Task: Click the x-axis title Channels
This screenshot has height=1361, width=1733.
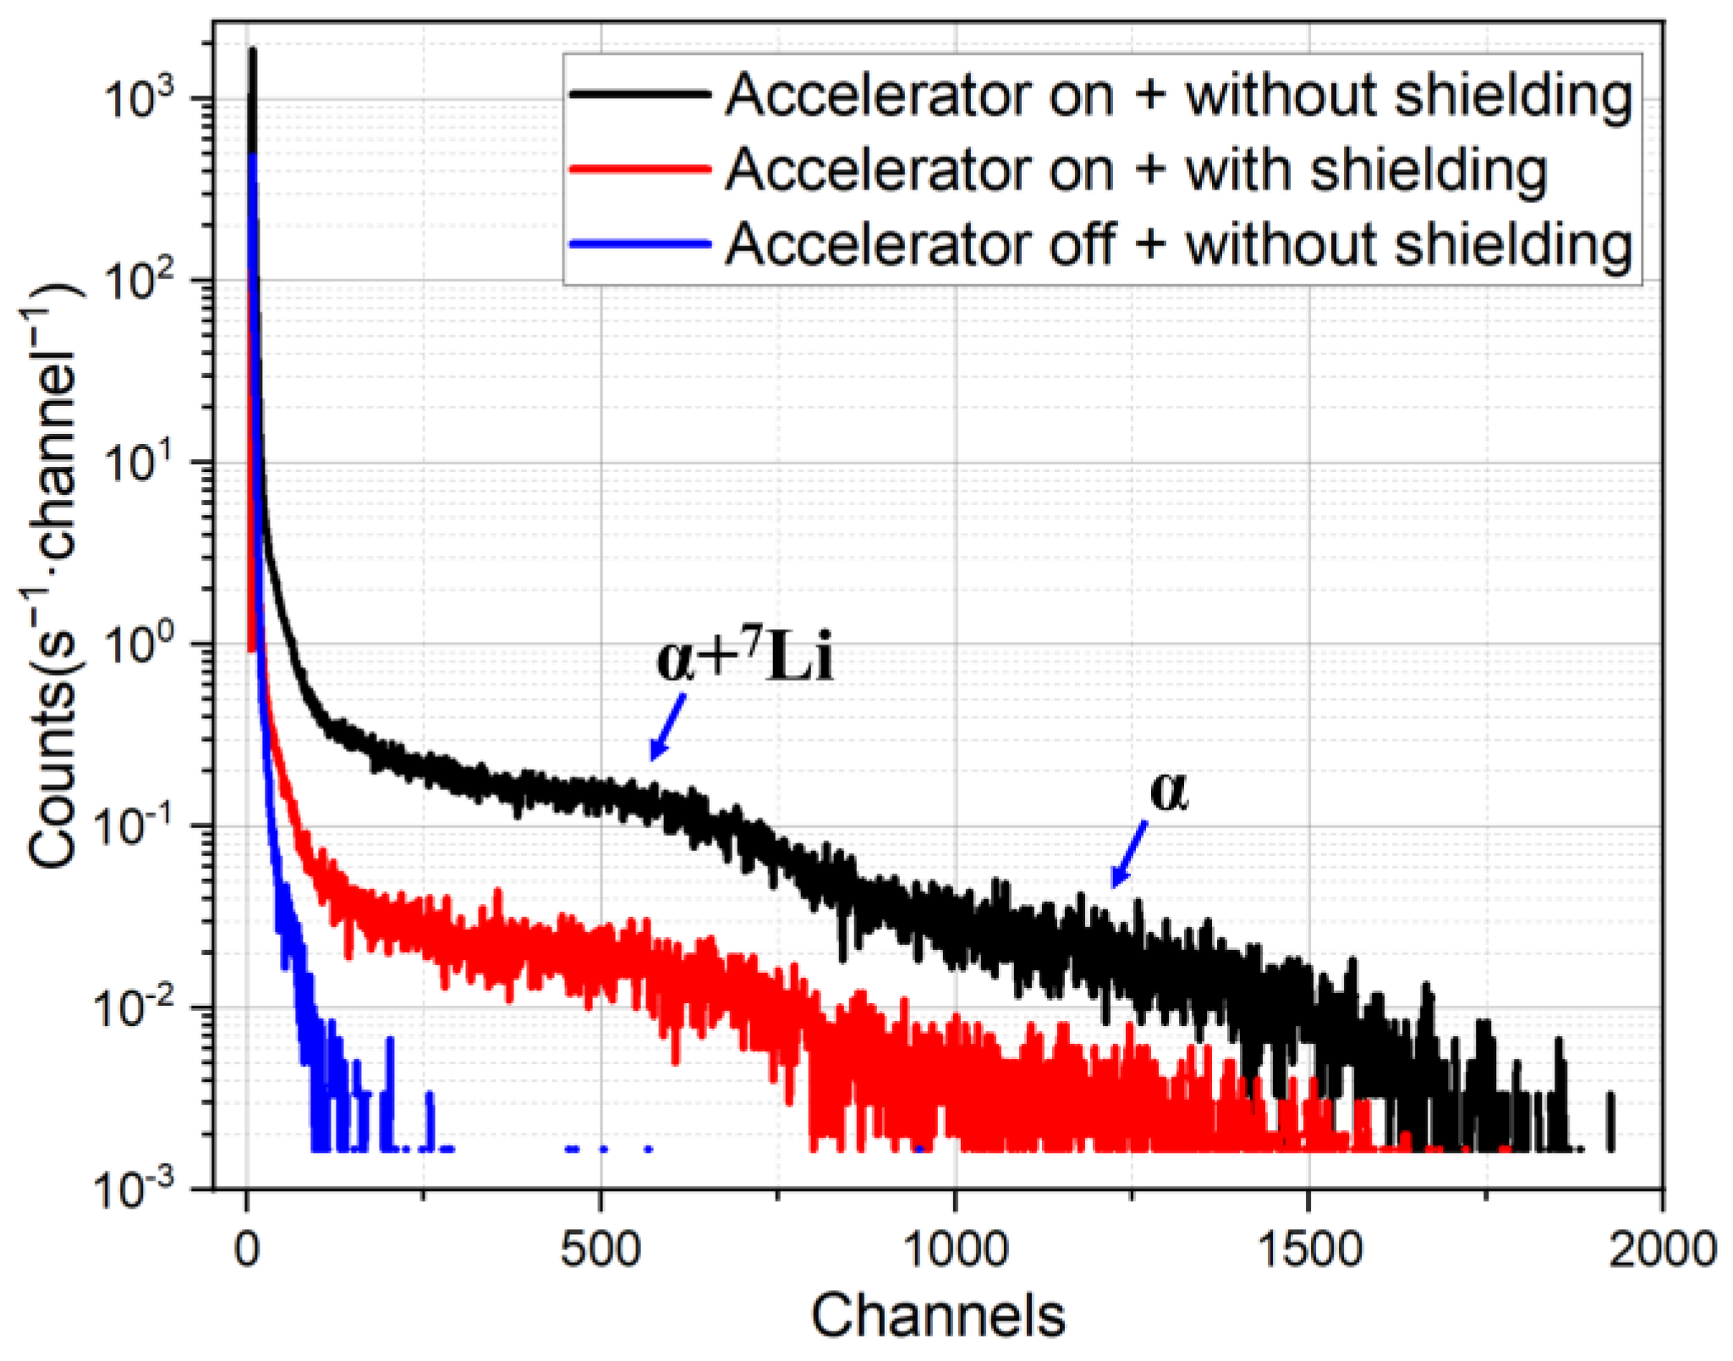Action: point(937,1316)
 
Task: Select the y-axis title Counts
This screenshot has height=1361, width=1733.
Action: point(56,584)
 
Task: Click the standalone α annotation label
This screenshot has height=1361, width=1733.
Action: point(1169,792)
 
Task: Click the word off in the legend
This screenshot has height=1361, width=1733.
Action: point(1082,244)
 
